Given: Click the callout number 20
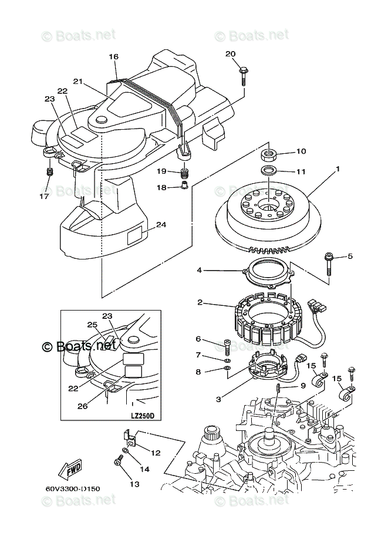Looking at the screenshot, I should click(230, 54).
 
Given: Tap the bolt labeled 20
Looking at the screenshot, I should click(242, 75).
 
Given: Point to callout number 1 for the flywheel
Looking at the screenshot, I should click(338, 169).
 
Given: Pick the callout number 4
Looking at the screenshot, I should click(199, 270).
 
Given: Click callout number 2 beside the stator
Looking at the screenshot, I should click(200, 303).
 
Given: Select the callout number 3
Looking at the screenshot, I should click(218, 399).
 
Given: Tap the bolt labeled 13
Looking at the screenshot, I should click(119, 464).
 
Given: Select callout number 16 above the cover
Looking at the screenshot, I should click(113, 56).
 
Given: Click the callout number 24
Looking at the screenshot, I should click(161, 224).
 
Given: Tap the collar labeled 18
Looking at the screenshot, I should click(184, 187).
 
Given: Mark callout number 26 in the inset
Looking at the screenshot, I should click(83, 404).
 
